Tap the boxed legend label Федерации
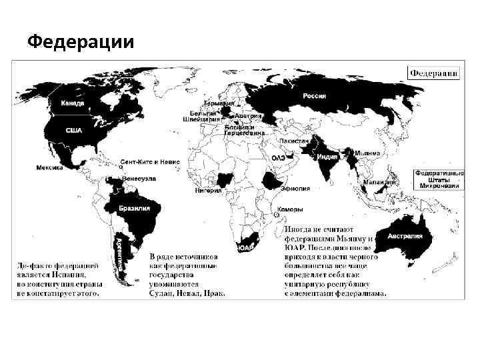[433, 73]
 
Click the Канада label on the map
[73, 103]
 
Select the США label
[73, 131]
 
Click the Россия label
[315, 96]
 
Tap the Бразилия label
[134, 209]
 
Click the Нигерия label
[209, 190]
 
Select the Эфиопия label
[295, 189]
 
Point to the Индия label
[327, 157]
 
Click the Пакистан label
[295, 141]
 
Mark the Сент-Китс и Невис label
[150, 162]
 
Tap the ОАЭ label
[279, 157]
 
